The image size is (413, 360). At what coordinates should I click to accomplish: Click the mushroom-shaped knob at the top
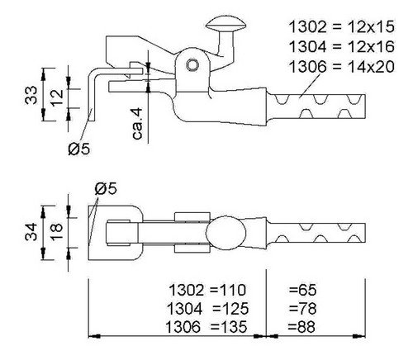click(x=225, y=24)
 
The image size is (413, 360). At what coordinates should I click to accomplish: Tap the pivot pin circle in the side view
click(x=192, y=65)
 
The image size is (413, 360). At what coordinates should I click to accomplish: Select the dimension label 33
click(x=31, y=95)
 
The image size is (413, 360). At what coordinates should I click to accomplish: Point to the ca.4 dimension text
click(x=138, y=124)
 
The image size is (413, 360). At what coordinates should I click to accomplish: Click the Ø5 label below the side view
click(x=79, y=149)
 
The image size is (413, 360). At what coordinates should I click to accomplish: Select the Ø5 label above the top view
click(x=106, y=189)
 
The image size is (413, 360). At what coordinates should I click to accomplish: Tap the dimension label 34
click(x=31, y=232)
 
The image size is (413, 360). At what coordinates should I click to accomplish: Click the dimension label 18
click(x=57, y=232)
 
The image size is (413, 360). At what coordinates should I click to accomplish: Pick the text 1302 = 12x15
click(x=342, y=27)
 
